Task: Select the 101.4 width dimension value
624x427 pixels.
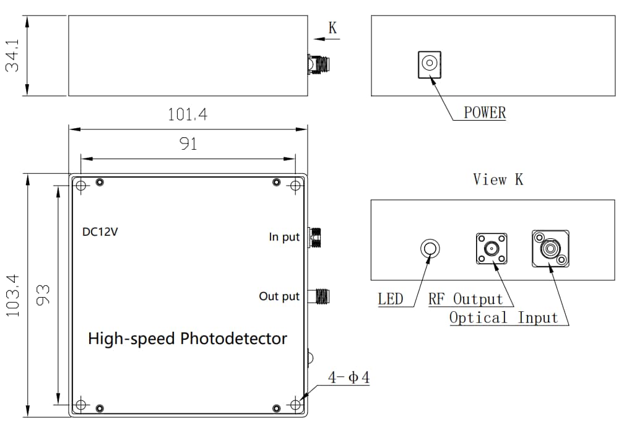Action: pos(188,115)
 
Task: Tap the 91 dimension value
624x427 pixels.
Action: pos(188,144)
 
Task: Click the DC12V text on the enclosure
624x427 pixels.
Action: pos(100,233)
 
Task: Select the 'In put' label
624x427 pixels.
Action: pos(284,236)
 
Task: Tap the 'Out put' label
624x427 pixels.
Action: pos(279,296)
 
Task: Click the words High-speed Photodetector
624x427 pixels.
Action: pos(188,339)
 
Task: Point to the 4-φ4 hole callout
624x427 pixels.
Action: pos(349,377)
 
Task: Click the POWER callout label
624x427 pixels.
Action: pos(485,113)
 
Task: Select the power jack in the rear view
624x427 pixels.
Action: pos(428,64)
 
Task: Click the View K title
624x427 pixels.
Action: pos(498,179)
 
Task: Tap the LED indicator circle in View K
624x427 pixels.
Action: pos(430,249)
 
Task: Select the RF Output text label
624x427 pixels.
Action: pos(466,299)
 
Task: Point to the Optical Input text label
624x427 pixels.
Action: pos(504,318)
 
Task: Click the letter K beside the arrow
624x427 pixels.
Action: pos(332,28)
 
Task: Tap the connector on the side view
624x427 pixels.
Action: pos(319,64)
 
